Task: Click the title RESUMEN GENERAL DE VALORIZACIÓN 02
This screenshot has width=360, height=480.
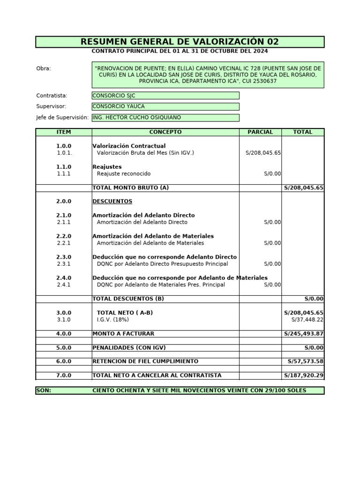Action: [x=180, y=42]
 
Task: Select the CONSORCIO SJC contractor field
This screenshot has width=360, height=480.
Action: [x=165, y=96]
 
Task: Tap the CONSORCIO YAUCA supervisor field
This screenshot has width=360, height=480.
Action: [x=165, y=106]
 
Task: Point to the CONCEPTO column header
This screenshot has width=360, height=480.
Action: [x=165, y=132]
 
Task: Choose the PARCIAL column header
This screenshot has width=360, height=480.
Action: [x=260, y=132]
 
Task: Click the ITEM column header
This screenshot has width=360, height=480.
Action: [x=64, y=132]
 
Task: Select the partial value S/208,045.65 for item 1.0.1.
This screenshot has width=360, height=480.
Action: [x=263, y=153]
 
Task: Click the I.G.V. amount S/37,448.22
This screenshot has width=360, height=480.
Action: [x=307, y=320]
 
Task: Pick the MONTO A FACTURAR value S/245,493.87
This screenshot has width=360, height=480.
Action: [x=304, y=334]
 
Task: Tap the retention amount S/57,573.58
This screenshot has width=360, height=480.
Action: [x=305, y=361]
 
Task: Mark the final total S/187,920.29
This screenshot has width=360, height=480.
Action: [x=304, y=375]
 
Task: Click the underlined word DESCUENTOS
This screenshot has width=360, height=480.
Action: [x=112, y=202]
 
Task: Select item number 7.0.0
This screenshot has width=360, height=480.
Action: [x=64, y=375]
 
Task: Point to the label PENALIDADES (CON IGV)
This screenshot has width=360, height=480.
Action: [x=129, y=348]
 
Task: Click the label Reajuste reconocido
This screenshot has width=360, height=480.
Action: [x=124, y=174]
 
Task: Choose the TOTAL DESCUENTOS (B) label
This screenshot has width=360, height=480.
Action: [x=128, y=299]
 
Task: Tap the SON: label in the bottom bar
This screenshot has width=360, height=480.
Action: [x=44, y=390]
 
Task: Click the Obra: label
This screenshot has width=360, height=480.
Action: [x=44, y=69]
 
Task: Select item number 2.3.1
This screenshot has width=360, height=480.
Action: [x=64, y=264]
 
